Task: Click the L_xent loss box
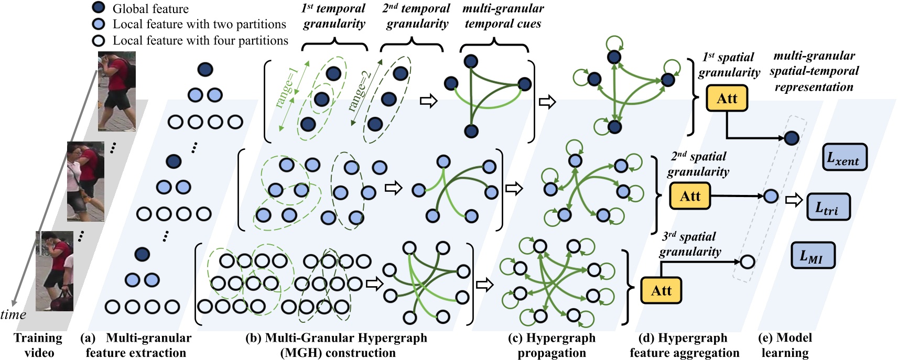coord(844,157)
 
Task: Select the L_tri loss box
coord(828,206)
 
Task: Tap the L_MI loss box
coord(812,255)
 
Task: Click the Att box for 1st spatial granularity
coord(727,98)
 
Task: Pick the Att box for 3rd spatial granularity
coord(661,290)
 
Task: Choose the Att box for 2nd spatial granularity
coord(690,196)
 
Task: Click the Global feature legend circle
coord(99,8)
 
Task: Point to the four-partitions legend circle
coord(99,41)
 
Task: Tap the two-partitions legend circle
coord(99,24)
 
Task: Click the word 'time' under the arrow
coord(13,314)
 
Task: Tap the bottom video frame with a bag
coord(55,270)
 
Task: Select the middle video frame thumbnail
coord(85,181)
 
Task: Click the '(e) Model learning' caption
coord(785,345)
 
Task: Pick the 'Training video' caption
coord(38,345)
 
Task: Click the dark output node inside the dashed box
coord(791,138)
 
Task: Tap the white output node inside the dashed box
coord(747,261)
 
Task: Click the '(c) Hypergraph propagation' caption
coord(551,345)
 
